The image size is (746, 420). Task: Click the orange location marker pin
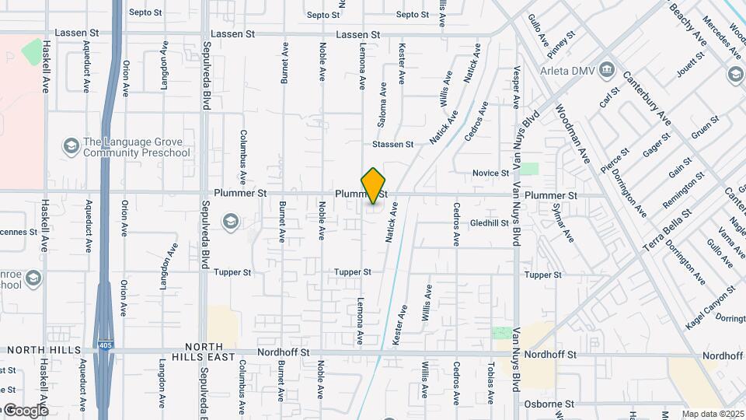point(374,186)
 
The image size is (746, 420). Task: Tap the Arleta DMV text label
point(568,71)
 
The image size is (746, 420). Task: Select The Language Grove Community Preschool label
point(136,147)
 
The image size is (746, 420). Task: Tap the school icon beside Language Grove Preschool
point(71,146)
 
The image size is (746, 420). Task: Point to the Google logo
point(26,410)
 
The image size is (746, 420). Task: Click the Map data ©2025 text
point(712,414)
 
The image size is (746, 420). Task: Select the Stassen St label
point(392,144)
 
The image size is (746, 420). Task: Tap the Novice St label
point(490,173)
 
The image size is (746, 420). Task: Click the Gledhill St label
point(489,222)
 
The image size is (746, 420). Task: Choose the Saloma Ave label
point(383,101)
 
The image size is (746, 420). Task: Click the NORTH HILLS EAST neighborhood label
point(210,352)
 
